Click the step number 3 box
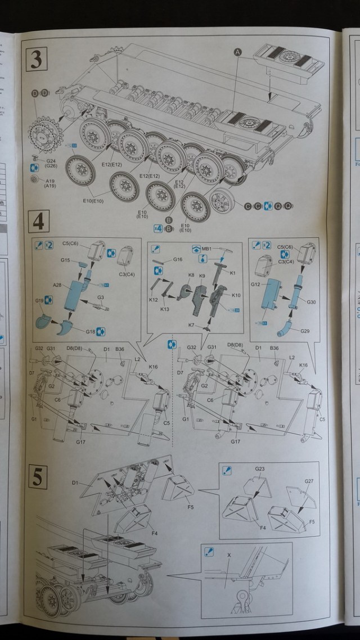(x=37, y=59)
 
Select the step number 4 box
(x=38, y=223)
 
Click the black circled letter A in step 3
(x=237, y=52)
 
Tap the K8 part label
(x=191, y=275)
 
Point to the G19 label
(x=39, y=301)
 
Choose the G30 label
(x=311, y=302)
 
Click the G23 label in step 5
(x=259, y=468)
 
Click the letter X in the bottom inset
(x=228, y=554)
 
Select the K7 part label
(x=191, y=325)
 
